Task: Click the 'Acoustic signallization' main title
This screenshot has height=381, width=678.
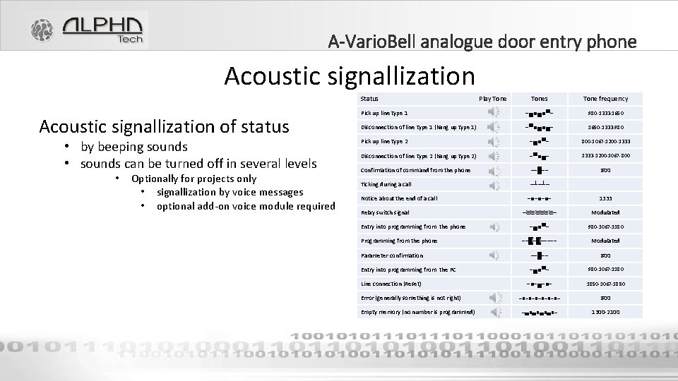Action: pyautogui.click(x=350, y=75)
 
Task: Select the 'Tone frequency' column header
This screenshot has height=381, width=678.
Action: pyautogui.click(x=605, y=99)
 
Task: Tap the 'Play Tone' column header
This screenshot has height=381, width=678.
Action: pyautogui.click(x=493, y=99)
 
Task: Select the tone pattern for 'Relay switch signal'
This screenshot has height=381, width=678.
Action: pyautogui.click(x=540, y=212)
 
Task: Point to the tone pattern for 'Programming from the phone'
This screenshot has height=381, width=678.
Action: pyautogui.click(x=540, y=241)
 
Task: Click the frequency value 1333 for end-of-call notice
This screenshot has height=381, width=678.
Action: pyautogui.click(x=605, y=198)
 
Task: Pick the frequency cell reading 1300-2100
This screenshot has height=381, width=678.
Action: pyautogui.click(x=605, y=312)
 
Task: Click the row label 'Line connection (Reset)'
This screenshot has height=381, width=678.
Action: pyautogui.click(x=391, y=284)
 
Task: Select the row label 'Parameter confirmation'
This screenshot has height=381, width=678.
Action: pyautogui.click(x=392, y=255)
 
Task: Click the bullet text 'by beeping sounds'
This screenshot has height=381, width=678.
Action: pyautogui.click(x=133, y=147)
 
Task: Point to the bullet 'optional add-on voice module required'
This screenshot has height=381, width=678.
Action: pyautogui.click(x=245, y=206)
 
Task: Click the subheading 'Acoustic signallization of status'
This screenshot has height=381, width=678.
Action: pyautogui.click(x=165, y=126)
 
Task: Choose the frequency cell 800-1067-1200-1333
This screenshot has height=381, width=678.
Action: pyautogui.click(x=605, y=141)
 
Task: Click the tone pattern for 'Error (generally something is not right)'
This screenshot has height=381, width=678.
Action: pyautogui.click(x=540, y=298)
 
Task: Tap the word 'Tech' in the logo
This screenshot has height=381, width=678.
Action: pyautogui.click(x=129, y=40)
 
